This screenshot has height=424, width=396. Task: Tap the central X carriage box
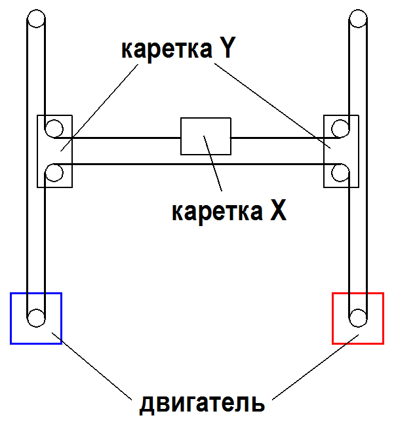(205, 136)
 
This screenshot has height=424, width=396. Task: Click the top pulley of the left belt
(36, 18)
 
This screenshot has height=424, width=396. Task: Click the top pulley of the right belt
(357, 18)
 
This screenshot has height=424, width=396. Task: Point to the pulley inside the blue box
(36, 319)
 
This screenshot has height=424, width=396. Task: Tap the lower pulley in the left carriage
(54, 174)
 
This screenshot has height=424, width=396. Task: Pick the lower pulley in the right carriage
(340, 174)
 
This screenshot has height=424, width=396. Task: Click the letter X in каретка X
(277, 210)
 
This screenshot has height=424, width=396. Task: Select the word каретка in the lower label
(216, 212)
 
